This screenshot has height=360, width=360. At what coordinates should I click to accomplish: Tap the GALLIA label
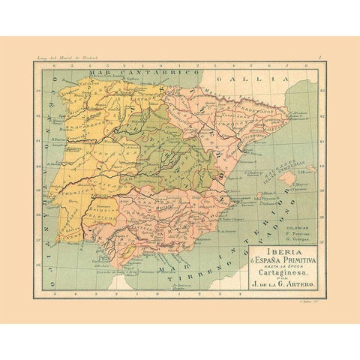[x=228, y=77]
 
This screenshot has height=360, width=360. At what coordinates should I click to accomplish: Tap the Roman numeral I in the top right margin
[x=319, y=58]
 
